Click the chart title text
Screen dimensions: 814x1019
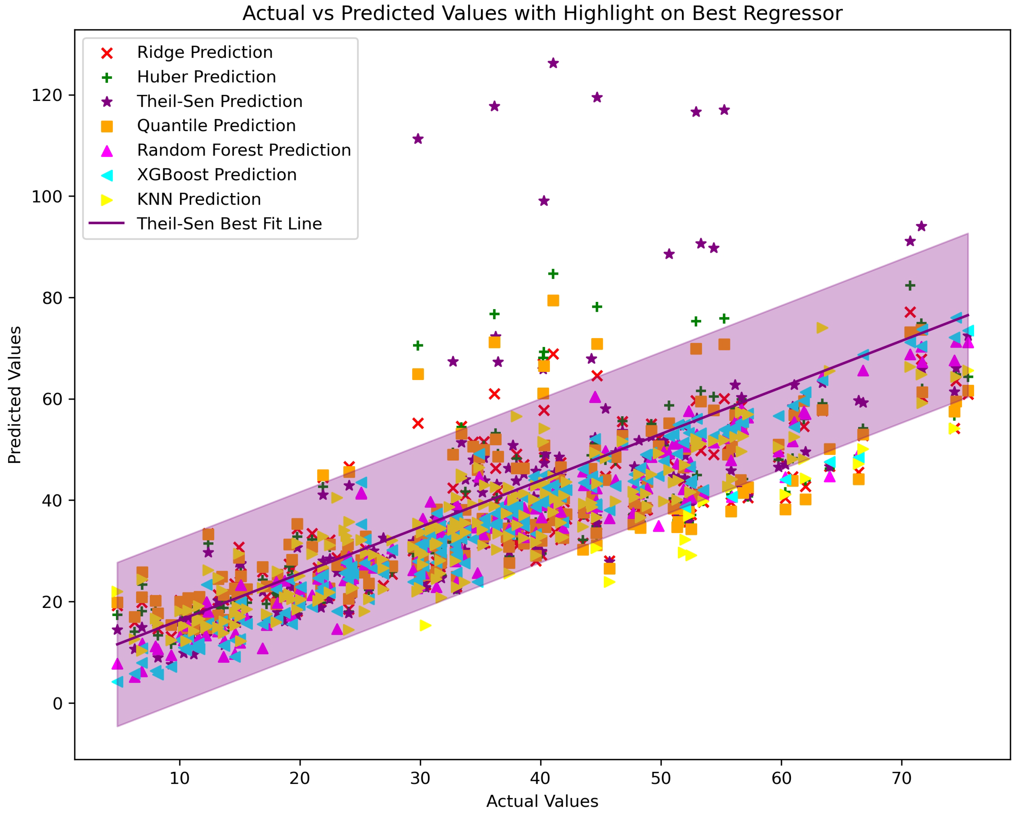[x=542, y=13]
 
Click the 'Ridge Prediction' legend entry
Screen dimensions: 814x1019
[x=205, y=52]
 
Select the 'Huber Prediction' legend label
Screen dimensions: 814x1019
[x=206, y=77]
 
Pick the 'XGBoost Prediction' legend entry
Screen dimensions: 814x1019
[x=217, y=175]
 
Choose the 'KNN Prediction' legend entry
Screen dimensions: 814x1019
[x=199, y=199]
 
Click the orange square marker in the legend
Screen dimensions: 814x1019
[x=107, y=126]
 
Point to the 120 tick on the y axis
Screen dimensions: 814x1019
[x=47, y=96]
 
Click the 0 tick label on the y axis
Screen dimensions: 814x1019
[x=57, y=704]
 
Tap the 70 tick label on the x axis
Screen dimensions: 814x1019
[x=901, y=778]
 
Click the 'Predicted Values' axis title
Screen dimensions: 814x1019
[x=15, y=395]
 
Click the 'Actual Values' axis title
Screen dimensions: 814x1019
[x=542, y=801]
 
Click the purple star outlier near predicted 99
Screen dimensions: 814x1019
[x=544, y=201]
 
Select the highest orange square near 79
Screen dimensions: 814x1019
[x=553, y=301]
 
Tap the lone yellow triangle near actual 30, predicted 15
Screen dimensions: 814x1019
[x=425, y=625]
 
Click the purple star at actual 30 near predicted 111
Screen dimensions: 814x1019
[x=418, y=139]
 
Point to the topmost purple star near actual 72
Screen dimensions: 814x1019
[x=921, y=226]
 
